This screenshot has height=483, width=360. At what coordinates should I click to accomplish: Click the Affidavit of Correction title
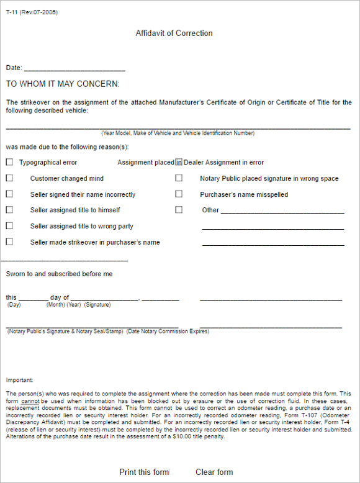pyautogui.click(x=174, y=34)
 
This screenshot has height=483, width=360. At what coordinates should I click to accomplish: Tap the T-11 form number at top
pyautogui.click(x=32, y=12)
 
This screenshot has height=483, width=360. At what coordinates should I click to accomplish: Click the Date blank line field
pyautogui.click(x=74, y=68)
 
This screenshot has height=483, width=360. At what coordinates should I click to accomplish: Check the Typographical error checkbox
pyautogui.click(x=9, y=163)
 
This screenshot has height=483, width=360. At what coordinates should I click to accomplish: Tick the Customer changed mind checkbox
pyautogui.click(x=9, y=178)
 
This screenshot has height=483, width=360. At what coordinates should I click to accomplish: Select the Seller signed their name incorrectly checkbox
pyautogui.click(x=9, y=194)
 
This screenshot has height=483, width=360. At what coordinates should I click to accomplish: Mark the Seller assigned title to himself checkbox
pyautogui.click(x=9, y=210)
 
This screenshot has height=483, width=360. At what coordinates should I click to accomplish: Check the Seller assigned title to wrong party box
pyautogui.click(x=9, y=226)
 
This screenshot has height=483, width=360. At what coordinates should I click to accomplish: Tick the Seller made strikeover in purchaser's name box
pyautogui.click(x=9, y=241)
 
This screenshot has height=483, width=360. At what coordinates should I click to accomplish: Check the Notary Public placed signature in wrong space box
pyautogui.click(x=179, y=178)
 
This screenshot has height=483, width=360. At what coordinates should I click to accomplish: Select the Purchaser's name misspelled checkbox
pyautogui.click(x=179, y=194)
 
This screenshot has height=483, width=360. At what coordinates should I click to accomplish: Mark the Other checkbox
pyautogui.click(x=179, y=210)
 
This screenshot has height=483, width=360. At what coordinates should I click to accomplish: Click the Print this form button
pyautogui.click(x=144, y=472)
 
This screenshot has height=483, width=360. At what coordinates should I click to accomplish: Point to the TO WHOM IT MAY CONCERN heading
pyautogui.click(x=63, y=84)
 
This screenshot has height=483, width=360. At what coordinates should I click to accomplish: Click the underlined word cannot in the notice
pyautogui.click(x=29, y=400)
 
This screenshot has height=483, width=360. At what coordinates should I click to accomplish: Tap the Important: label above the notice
pyautogui.click(x=20, y=380)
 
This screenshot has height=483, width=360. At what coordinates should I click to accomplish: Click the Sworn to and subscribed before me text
pyautogui.click(x=60, y=274)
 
